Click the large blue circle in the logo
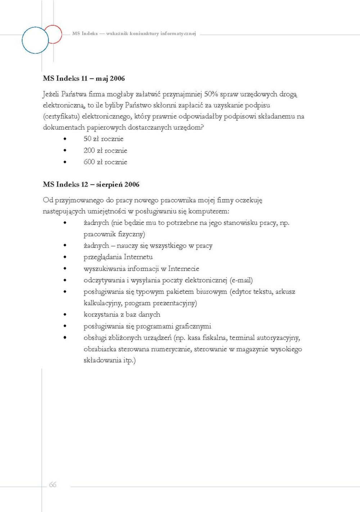tap(35, 40)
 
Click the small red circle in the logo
tap(53, 34)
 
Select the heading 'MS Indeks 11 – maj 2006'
tap(84, 79)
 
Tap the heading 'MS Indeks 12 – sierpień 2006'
tap(91, 184)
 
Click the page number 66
tap(53, 485)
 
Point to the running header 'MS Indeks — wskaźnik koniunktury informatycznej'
tap(134, 34)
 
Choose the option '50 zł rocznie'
tap(103, 139)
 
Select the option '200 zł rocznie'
tap(105, 151)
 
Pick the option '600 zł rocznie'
tap(105, 162)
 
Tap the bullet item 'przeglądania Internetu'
tap(118, 257)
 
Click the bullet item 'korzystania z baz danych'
tap(122, 315)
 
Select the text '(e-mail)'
tap(241, 280)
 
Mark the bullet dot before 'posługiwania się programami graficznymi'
tap(65, 326)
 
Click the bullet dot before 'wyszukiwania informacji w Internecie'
tap(65, 269)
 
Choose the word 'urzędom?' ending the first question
tap(189, 128)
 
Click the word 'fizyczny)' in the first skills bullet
tap(131, 234)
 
